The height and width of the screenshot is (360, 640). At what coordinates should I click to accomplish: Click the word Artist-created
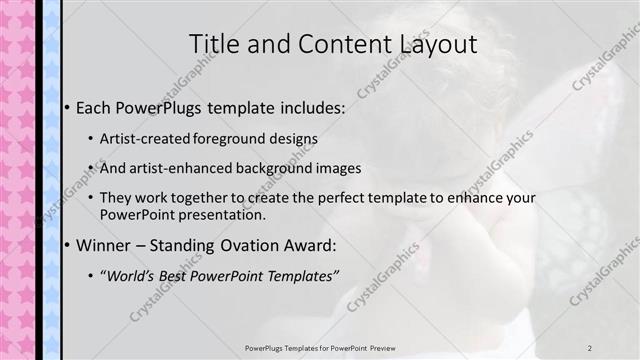pyautogui.click(x=142, y=138)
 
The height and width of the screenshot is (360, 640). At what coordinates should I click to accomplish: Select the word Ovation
pyautogui.click(x=229, y=245)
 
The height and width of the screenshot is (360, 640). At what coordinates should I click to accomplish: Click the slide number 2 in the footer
pyautogui.click(x=590, y=347)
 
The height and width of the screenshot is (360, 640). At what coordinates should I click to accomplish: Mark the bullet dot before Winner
pyautogui.click(x=66, y=246)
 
